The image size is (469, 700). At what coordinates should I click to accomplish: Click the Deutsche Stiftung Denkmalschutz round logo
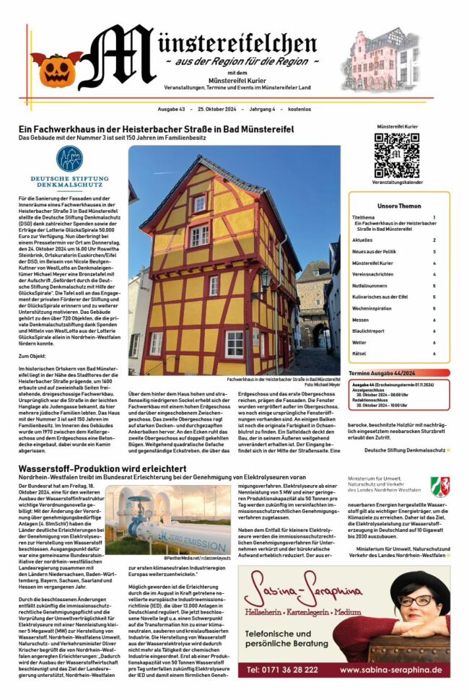tap(70, 159)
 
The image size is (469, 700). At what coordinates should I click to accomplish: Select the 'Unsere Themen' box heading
tap(399, 206)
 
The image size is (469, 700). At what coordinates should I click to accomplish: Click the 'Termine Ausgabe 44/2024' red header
tap(382, 373)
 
